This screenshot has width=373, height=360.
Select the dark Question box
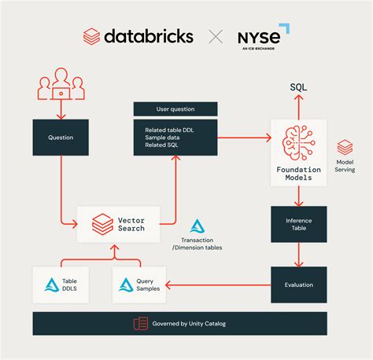61,138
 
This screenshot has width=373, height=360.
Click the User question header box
175,109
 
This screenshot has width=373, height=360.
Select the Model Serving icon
345,148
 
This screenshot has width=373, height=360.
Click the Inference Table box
298,223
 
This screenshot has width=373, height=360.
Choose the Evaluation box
298,285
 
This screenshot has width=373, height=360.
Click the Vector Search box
118,224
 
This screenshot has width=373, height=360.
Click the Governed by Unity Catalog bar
179,323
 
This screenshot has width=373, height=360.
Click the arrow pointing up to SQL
298,106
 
